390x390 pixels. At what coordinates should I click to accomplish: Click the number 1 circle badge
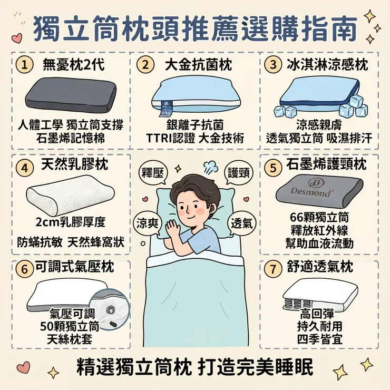click(24, 65)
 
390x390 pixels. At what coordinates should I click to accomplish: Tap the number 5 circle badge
click(273, 168)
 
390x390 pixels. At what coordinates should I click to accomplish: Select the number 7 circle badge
click(273, 269)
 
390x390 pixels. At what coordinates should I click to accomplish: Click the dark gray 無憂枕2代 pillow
click(71, 95)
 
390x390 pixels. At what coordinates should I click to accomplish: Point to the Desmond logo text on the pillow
click(311, 192)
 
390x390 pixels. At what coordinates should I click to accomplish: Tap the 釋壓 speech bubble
click(153, 173)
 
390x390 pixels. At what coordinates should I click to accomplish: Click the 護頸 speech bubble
click(239, 173)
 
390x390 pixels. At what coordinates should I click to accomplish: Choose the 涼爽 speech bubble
click(147, 223)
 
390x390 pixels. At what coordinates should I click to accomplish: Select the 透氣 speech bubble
click(242, 223)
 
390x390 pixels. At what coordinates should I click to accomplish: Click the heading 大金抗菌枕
click(199, 65)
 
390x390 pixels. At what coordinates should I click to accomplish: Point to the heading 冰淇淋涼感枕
click(327, 65)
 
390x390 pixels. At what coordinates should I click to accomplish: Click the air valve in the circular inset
click(111, 310)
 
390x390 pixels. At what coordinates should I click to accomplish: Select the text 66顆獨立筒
click(319, 217)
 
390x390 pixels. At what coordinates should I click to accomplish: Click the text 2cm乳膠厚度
click(71, 222)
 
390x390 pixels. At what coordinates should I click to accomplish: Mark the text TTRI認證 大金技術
click(195, 138)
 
